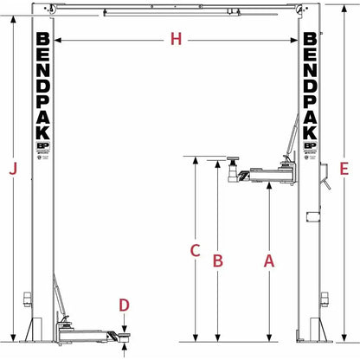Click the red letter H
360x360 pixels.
click(177, 40)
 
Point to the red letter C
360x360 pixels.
click(196, 251)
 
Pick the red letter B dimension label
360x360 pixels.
click(219, 259)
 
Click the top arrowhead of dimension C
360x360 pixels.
click(196, 160)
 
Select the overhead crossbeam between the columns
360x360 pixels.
click(177, 11)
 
